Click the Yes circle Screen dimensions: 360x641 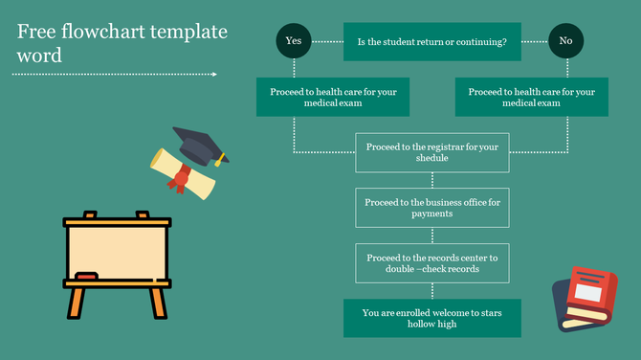pyautogui.click(x=293, y=41)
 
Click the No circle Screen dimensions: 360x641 pyautogui.click(x=565, y=41)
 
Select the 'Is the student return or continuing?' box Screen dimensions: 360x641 pyautogui.click(x=431, y=42)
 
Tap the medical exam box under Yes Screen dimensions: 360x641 pyautogui.click(x=333, y=97)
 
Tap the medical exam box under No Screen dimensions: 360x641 pyautogui.click(x=531, y=97)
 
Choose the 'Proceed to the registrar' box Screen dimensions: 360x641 pyautogui.click(x=432, y=152)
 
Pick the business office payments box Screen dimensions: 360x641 pyautogui.click(x=432, y=208)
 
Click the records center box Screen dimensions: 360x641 pyautogui.click(x=432, y=263)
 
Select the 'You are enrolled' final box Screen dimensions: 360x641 pyautogui.click(x=432, y=318)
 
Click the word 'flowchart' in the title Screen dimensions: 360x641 pyautogui.click(x=106, y=32)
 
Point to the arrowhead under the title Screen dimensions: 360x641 pyautogui.click(x=213, y=74)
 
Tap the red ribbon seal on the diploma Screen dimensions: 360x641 pyautogui.click(x=180, y=178)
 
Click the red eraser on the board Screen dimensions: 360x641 pyautogui.click(x=86, y=276)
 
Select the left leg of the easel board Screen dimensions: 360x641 pyautogui.click(x=76, y=303)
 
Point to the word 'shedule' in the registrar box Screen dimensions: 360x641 pyautogui.click(x=431, y=158)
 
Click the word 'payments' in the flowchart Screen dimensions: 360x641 pyautogui.click(x=431, y=214)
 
